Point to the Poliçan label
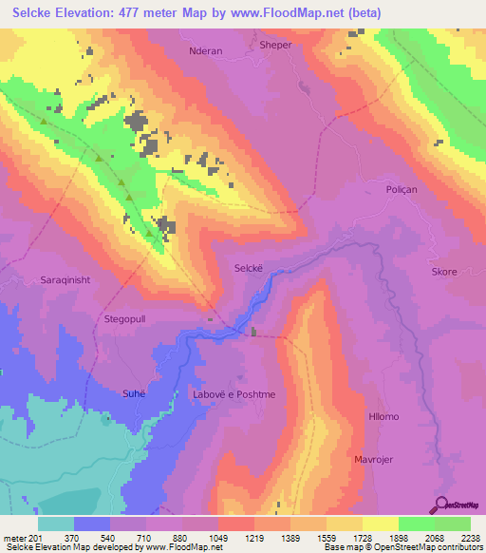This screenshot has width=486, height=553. click(x=402, y=190)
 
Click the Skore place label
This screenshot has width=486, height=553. click(x=444, y=272)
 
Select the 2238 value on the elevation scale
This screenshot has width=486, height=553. click(x=472, y=537)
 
